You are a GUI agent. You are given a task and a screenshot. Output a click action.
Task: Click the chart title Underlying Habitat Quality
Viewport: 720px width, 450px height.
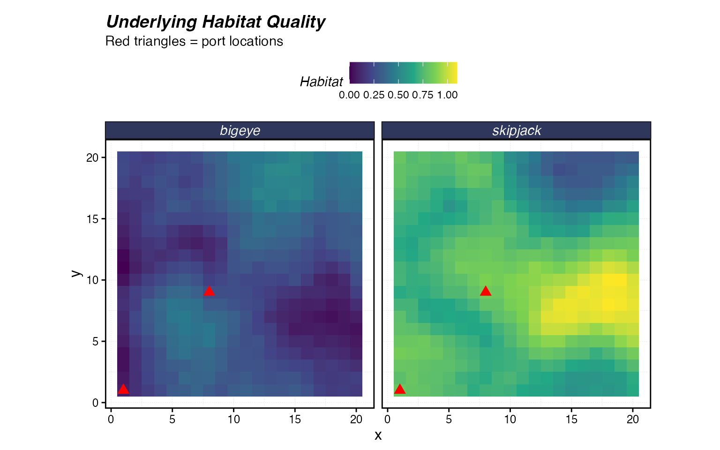[x=216, y=22]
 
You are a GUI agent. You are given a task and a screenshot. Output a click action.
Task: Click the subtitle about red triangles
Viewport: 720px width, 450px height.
[x=194, y=41]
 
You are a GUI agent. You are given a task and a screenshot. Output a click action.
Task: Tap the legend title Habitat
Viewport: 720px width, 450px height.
[x=322, y=82]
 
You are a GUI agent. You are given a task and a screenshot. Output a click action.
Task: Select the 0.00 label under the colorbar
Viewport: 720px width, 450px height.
[x=349, y=95]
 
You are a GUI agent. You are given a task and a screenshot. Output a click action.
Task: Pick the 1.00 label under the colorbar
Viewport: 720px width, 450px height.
[x=447, y=95]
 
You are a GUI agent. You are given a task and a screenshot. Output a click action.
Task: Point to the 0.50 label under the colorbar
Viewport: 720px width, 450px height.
[x=398, y=95]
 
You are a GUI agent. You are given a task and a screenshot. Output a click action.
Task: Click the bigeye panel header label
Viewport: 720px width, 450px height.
[x=240, y=130]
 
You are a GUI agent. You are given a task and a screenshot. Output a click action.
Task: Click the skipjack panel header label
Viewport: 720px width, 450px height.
[x=517, y=130]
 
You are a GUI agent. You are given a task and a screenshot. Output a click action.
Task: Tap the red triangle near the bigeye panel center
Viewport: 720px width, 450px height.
[x=209, y=291]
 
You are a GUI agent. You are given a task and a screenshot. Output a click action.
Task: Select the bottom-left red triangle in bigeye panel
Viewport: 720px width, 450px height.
[x=123, y=389]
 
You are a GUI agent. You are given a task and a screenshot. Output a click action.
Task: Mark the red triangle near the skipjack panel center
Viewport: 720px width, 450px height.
[x=486, y=291]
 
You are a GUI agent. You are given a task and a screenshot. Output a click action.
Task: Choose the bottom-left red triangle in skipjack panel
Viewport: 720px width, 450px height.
[x=399, y=389]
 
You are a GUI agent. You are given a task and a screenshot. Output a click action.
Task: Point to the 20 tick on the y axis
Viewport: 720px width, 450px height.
[x=92, y=157]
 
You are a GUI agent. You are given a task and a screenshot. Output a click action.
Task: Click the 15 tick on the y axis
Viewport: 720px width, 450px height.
[x=92, y=219]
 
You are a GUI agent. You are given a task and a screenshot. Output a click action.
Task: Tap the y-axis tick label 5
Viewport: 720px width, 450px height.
[x=95, y=342]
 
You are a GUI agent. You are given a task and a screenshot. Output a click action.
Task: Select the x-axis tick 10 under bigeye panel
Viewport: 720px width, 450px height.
[x=233, y=420]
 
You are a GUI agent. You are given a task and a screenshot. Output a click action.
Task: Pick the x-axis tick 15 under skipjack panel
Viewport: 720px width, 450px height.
[x=571, y=420]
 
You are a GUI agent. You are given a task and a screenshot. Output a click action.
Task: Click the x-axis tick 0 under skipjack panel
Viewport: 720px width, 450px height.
[x=387, y=420]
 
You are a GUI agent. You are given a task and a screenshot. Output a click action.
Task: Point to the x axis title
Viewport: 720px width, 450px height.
[x=378, y=435]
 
